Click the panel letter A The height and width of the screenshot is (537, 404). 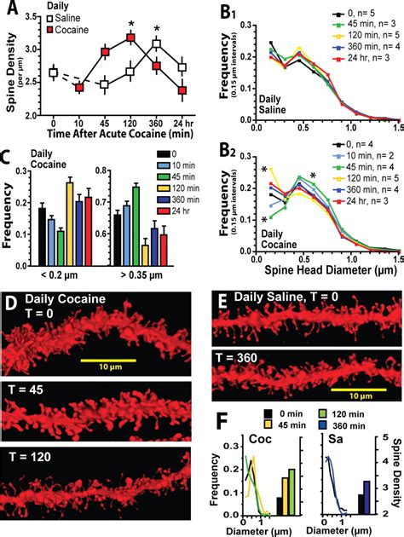(10, 9)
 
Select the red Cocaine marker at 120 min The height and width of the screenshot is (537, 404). (130, 38)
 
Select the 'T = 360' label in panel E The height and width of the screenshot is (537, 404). (240, 354)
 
